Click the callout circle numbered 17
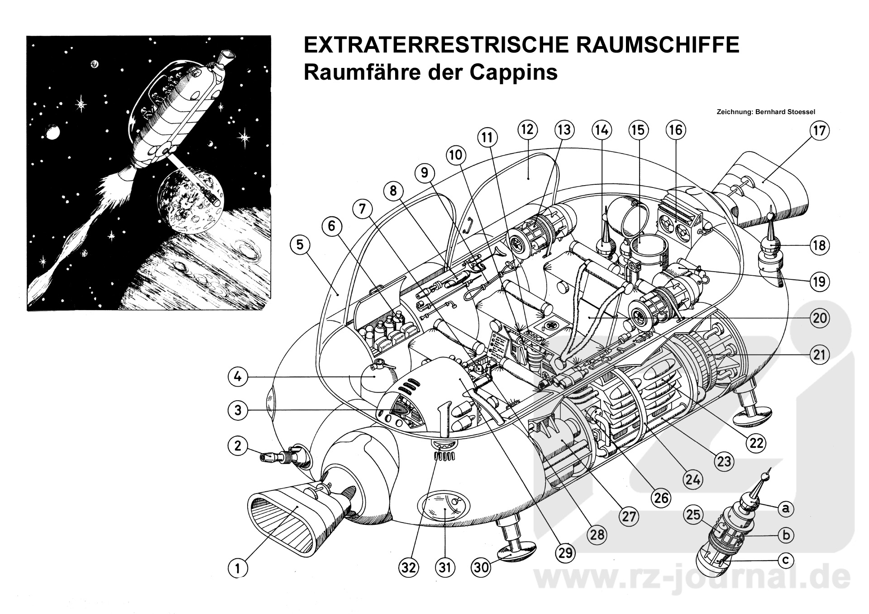(x=820, y=131)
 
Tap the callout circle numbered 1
(x=238, y=567)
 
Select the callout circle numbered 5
(x=300, y=245)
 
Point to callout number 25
(x=693, y=514)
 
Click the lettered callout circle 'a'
(x=786, y=508)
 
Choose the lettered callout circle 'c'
(x=786, y=561)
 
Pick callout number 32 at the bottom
(x=408, y=567)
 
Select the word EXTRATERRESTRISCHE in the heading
(x=432, y=46)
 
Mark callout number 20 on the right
(x=820, y=318)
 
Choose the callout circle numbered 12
(x=527, y=130)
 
